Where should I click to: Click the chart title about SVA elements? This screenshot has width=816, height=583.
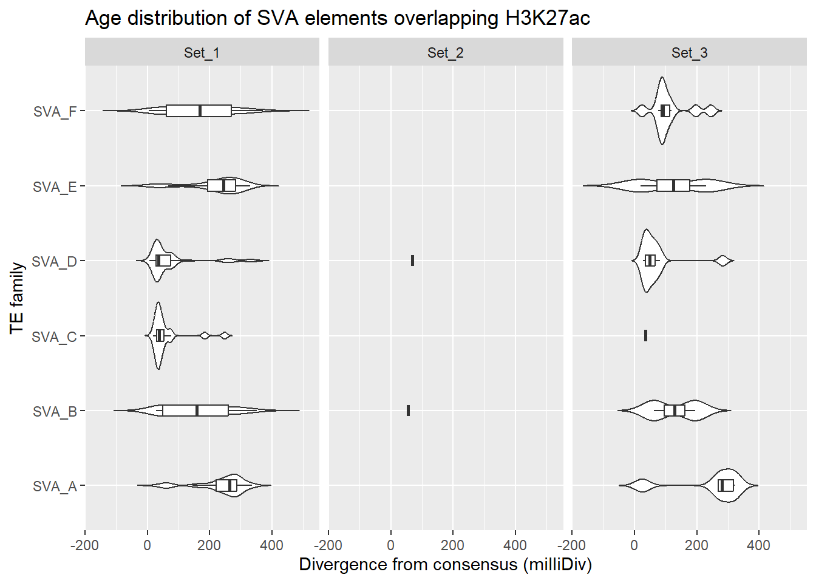click(x=338, y=18)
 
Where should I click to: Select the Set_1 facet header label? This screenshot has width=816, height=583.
click(x=202, y=53)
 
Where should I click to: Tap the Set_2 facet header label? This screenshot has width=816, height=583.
click(x=445, y=53)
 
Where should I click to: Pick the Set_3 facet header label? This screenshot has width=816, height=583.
click(x=689, y=53)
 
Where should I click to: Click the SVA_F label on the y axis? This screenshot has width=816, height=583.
click(x=55, y=112)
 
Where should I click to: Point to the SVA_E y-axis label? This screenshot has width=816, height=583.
click(x=55, y=186)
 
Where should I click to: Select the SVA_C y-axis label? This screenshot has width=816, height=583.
click(x=54, y=336)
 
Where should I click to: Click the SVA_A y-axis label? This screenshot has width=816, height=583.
click(x=55, y=486)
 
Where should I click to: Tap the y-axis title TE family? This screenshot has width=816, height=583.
click(x=17, y=298)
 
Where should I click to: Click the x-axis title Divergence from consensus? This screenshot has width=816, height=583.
click(x=445, y=565)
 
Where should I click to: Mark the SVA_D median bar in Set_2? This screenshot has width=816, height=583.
click(x=412, y=261)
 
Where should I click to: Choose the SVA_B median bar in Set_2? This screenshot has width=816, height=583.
click(x=408, y=411)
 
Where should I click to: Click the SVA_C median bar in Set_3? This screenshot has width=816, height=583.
click(x=645, y=335)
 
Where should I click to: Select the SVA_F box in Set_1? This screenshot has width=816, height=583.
click(x=199, y=111)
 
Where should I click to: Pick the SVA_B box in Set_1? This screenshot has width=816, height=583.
click(x=195, y=411)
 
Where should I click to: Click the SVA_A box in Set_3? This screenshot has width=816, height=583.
click(x=726, y=485)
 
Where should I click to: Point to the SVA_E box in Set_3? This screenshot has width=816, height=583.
click(x=673, y=185)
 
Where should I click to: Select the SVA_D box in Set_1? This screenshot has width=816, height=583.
click(x=163, y=261)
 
